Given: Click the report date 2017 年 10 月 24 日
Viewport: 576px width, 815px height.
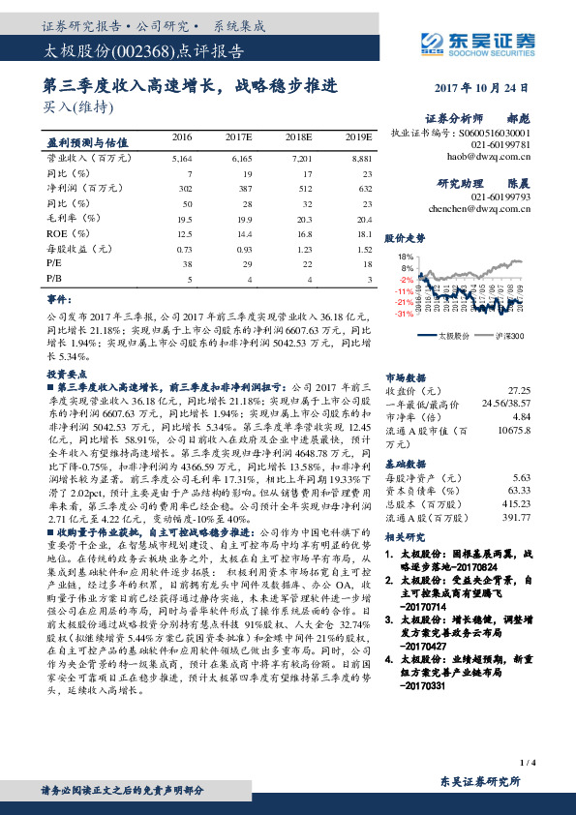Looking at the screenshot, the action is pyautogui.click(x=483, y=86).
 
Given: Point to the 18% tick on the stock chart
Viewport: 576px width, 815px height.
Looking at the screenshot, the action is pyautogui.click(x=406, y=257).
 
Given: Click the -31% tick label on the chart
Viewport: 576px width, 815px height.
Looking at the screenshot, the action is pyautogui.click(x=405, y=314).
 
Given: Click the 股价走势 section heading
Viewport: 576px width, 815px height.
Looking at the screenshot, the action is pyautogui.click(x=405, y=237).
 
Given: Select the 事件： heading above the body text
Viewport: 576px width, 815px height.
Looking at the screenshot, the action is pyautogui.click(x=60, y=301).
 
